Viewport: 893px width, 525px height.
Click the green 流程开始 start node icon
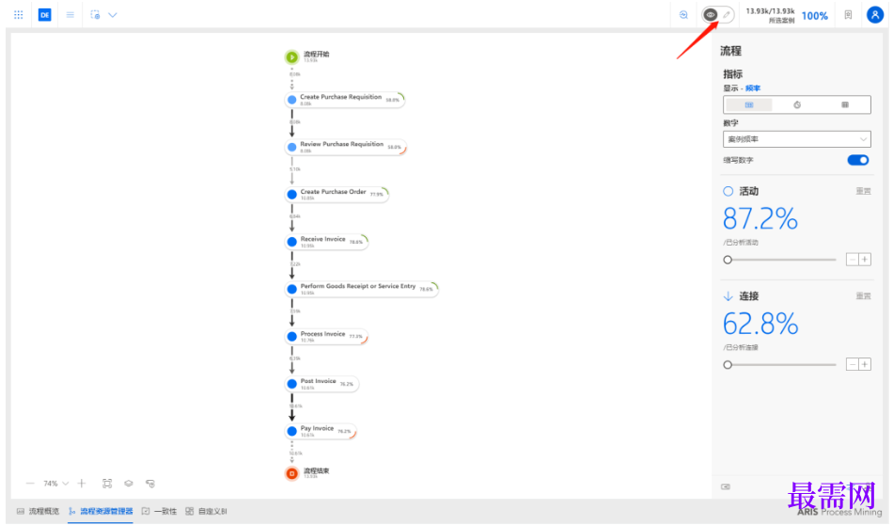292,57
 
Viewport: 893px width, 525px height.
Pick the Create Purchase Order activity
337,194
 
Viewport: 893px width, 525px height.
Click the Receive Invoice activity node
326,242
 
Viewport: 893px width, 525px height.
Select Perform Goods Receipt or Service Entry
361,289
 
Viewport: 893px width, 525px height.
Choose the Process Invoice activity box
326,336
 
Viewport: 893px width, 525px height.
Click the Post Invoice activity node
321,384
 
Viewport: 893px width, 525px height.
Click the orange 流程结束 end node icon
292,473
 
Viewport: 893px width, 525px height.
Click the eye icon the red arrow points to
711,15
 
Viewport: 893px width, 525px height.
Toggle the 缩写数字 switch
858,160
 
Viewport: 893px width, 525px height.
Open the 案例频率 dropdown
796,139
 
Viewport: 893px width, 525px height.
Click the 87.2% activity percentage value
760,219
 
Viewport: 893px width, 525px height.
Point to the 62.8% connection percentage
760,324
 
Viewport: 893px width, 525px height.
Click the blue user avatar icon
874,15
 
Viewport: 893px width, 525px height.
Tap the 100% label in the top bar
814,16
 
